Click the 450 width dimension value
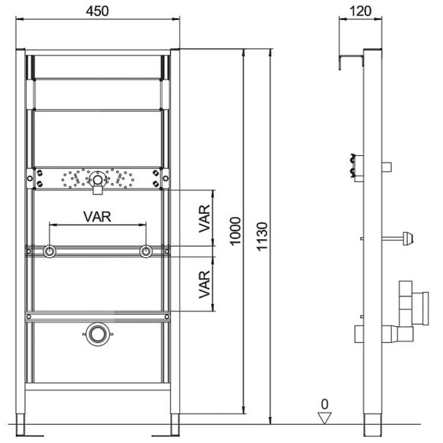(97, 11)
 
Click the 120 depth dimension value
(361, 11)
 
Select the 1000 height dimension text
(235, 231)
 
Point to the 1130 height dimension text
(262, 237)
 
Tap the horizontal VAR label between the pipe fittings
(97, 217)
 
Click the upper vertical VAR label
(204, 218)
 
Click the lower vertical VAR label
(204, 284)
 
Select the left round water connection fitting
(50, 251)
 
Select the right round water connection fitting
(146, 251)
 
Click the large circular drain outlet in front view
(98, 335)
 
